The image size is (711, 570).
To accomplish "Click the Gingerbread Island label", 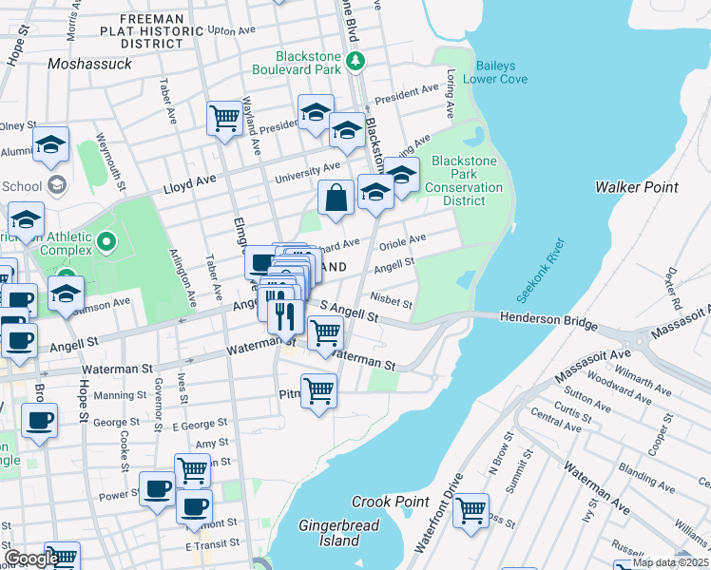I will pyautogui.click(x=339, y=533).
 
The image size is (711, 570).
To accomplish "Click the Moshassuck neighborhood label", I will pyautogui.click(x=89, y=64).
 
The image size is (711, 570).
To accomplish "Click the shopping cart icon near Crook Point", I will pyautogui.click(x=471, y=511).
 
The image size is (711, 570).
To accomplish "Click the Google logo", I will pyautogui.click(x=30, y=559).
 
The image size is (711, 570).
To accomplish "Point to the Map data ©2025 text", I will pyautogui.click(x=671, y=562).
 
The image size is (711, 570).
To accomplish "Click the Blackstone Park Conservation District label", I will pyautogui.click(x=466, y=180).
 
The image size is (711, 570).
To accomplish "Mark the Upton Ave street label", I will pyautogui.click(x=233, y=30).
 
